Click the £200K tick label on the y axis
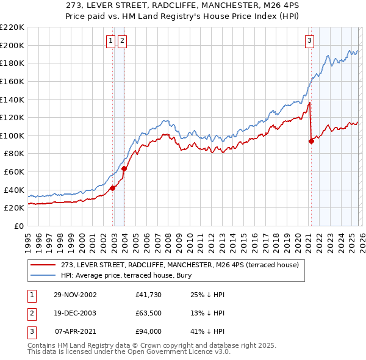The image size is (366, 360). point(12,45)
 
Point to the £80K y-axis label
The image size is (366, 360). point(14,154)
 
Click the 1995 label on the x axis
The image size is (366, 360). point(28,237)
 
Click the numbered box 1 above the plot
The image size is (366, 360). point(111,41)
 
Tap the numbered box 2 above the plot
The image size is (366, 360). point(122,41)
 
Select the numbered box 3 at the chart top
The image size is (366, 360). point(309,41)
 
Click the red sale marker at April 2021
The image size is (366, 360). point(311,141)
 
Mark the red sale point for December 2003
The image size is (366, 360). point(124,168)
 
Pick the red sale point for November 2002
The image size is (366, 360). point(112,188)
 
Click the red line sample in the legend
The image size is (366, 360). point(43,265)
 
